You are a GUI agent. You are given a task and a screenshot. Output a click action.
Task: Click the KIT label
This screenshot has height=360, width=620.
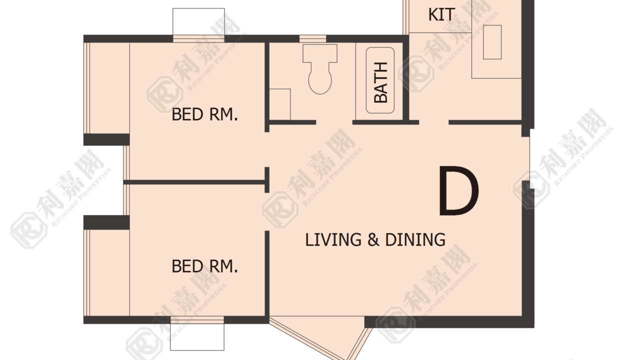(441, 14)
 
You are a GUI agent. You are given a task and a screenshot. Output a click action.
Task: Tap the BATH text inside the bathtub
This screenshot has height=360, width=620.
(380, 82)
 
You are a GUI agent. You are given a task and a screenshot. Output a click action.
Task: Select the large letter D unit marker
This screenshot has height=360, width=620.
(458, 190)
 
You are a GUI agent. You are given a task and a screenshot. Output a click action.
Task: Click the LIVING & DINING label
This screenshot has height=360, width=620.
(375, 239)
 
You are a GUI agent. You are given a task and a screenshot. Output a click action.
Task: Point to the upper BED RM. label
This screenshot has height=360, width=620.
(205, 114)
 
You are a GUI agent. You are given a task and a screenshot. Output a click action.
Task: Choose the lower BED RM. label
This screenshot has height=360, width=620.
(205, 266)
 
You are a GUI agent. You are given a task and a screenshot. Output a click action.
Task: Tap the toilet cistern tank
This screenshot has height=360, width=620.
(320, 53)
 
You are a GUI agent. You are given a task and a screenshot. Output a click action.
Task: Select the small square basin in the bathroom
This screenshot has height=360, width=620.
(280, 104)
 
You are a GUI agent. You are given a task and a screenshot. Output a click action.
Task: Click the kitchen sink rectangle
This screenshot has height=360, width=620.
(492, 42)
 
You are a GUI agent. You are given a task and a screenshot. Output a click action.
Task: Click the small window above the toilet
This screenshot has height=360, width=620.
(313, 38)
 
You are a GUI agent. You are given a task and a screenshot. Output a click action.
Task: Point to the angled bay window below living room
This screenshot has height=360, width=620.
(321, 336)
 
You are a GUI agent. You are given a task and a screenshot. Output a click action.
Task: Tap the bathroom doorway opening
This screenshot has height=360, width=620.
(334, 122)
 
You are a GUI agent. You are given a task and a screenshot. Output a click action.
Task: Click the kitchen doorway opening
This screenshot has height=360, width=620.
(433, 122)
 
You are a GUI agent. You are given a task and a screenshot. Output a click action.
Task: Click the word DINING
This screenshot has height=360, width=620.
(415, 239)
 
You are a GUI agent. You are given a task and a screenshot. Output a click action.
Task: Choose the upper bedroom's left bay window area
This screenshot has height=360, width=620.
(107, 88)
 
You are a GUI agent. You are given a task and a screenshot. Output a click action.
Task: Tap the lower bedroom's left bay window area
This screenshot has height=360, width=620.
(107, 272)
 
